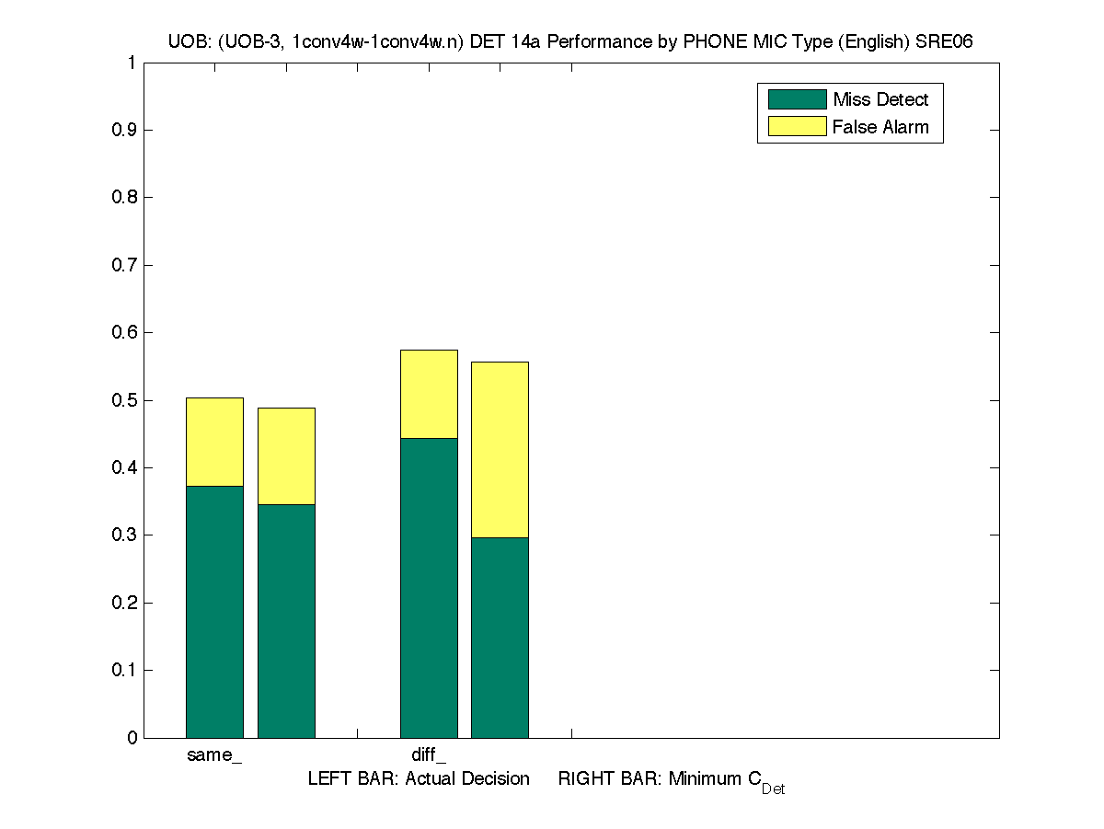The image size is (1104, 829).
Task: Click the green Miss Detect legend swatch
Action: coord(797,99)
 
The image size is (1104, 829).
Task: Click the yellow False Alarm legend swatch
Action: coord(797,126)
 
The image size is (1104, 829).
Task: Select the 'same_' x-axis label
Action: coord(214,755)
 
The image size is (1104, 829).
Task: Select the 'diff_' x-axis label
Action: coord(429,755)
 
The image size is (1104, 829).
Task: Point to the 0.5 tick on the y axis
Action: coord(124,400)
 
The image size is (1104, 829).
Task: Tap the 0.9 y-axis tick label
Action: coord(124,131)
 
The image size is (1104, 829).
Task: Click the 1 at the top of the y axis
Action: coord(132,63)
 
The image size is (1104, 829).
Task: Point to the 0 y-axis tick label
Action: coord(132,738)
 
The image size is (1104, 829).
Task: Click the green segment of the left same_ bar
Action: coord(214,612)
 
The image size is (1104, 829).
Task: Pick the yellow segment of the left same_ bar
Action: coord(214,442)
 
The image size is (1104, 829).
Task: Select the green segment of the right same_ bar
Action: coord(286,621)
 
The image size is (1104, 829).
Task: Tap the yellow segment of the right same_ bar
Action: coord(286,456)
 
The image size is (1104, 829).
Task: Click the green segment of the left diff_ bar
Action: coord(429,588)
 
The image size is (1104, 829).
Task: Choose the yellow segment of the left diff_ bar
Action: coord(429,394)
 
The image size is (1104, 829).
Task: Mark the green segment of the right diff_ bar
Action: coord(500,638)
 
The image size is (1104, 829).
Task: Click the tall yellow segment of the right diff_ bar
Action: coord(500,450)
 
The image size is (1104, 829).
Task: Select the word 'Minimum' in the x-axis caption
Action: coord(703,779)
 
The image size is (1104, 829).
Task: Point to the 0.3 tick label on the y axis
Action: coord(124,535)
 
